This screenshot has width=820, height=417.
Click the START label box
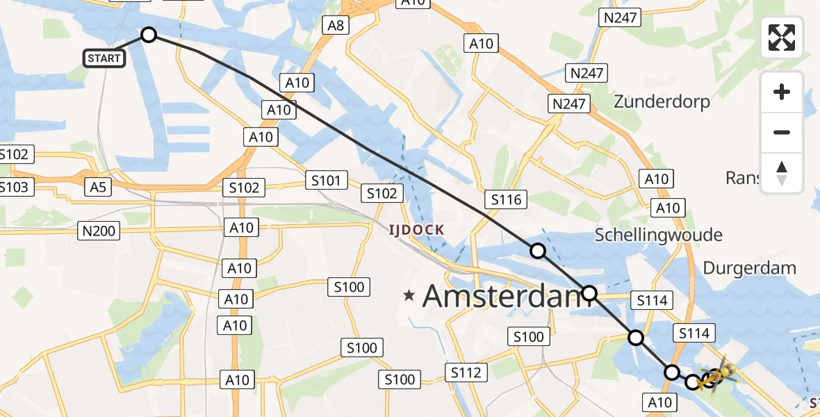(104, 58)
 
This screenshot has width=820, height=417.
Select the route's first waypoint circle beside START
(149, 35)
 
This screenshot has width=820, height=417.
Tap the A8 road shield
(335, 26)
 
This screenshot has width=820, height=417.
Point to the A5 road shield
(97, 186)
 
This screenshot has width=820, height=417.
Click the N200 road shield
(99, 231)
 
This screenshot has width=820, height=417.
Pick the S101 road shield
(326, 181)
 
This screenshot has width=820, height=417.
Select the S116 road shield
(506, 200)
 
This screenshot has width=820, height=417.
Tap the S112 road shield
(466, 373)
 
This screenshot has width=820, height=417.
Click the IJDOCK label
(416, 229)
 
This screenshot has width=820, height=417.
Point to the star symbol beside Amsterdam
(409, 296)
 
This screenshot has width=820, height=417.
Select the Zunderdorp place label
(662, 102)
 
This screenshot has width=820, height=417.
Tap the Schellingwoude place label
(658, 235)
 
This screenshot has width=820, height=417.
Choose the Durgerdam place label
(749, 268)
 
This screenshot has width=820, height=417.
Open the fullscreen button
(782, 38)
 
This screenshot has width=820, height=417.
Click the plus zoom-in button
(782, 92)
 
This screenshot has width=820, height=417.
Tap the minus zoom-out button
(782, 132)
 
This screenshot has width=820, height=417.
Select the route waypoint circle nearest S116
(538, 251)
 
